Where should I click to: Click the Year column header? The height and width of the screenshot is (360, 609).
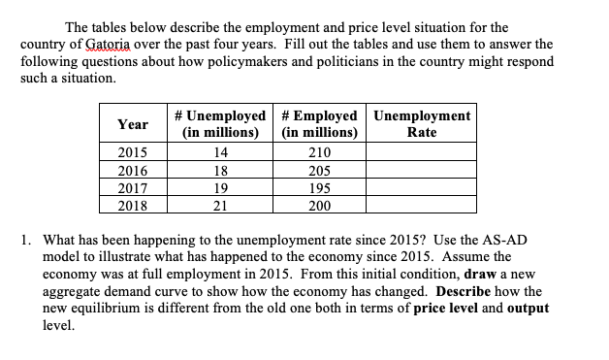(x=133, y=124)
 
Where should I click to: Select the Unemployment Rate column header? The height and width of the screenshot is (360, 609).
(x=421, y=124)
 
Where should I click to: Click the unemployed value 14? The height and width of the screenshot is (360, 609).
(x=219, y=153)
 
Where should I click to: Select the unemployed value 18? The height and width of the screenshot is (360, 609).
(x=219, y=171)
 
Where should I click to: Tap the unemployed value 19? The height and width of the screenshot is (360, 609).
(x=219, y=188)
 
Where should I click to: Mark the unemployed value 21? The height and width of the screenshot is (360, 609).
(x=219, y=206)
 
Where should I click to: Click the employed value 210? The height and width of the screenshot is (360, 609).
(x=319, y=153)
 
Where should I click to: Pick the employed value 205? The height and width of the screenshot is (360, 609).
(x=319, y=171)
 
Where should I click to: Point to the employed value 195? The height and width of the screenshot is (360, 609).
(x=319, y=188)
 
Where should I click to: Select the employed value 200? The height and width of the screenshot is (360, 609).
(x=319, y=206)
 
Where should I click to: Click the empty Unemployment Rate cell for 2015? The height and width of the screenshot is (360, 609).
(x=421, y=153)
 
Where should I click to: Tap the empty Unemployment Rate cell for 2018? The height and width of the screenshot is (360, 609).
(x=421, y=206)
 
